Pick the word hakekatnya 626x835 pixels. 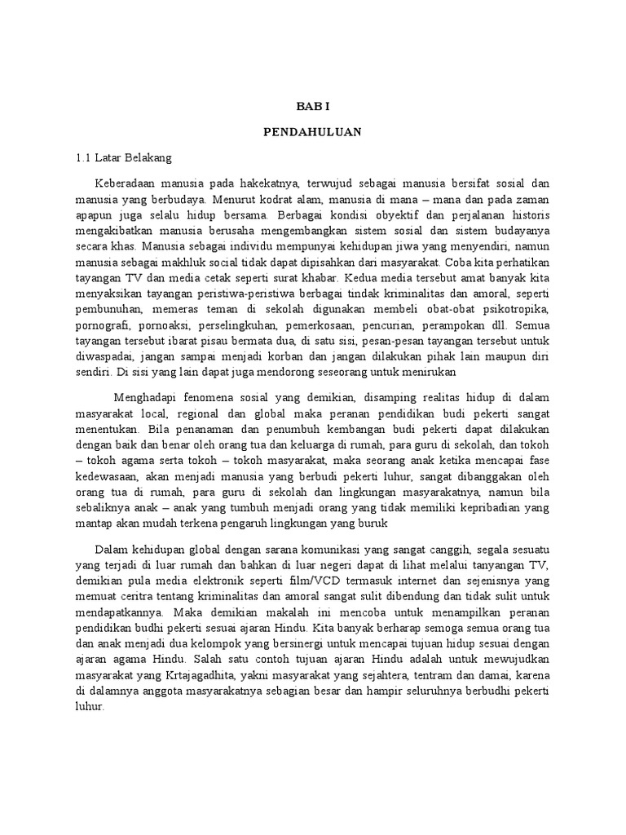pyautogui.click(x=276, y=182)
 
